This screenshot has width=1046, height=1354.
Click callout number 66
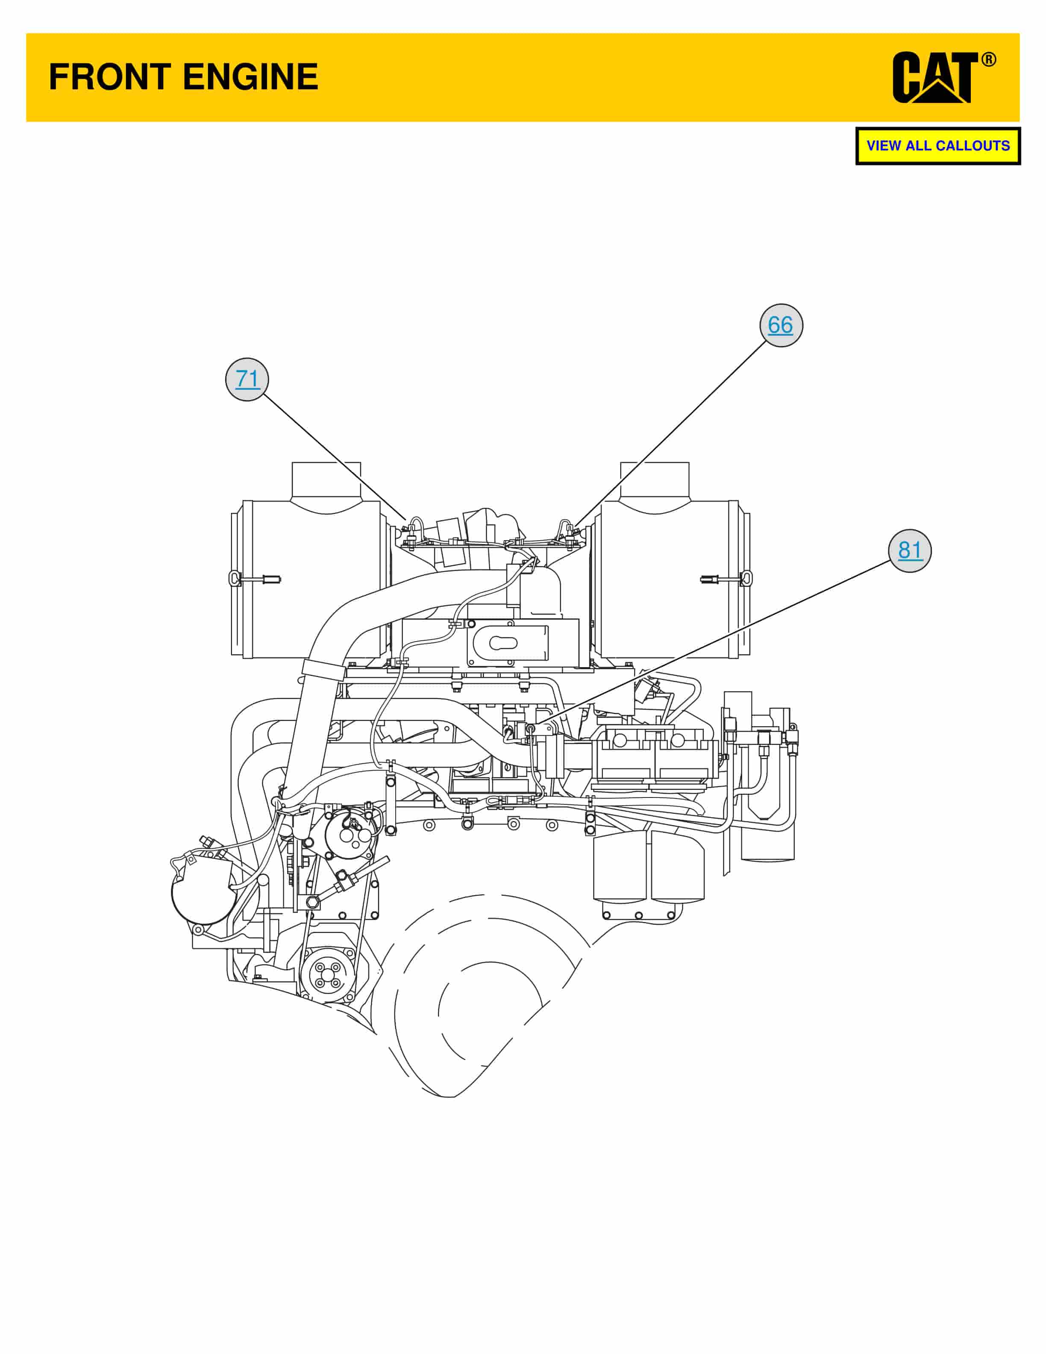tap(781, 325)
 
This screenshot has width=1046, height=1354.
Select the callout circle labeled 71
tap(247, 379)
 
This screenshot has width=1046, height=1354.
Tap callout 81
tap(910, 550)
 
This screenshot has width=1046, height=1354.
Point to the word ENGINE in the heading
tap(250, 77)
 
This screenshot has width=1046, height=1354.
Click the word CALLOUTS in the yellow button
tap(973, 146)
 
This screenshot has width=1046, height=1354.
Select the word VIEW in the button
tap(884, 146)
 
